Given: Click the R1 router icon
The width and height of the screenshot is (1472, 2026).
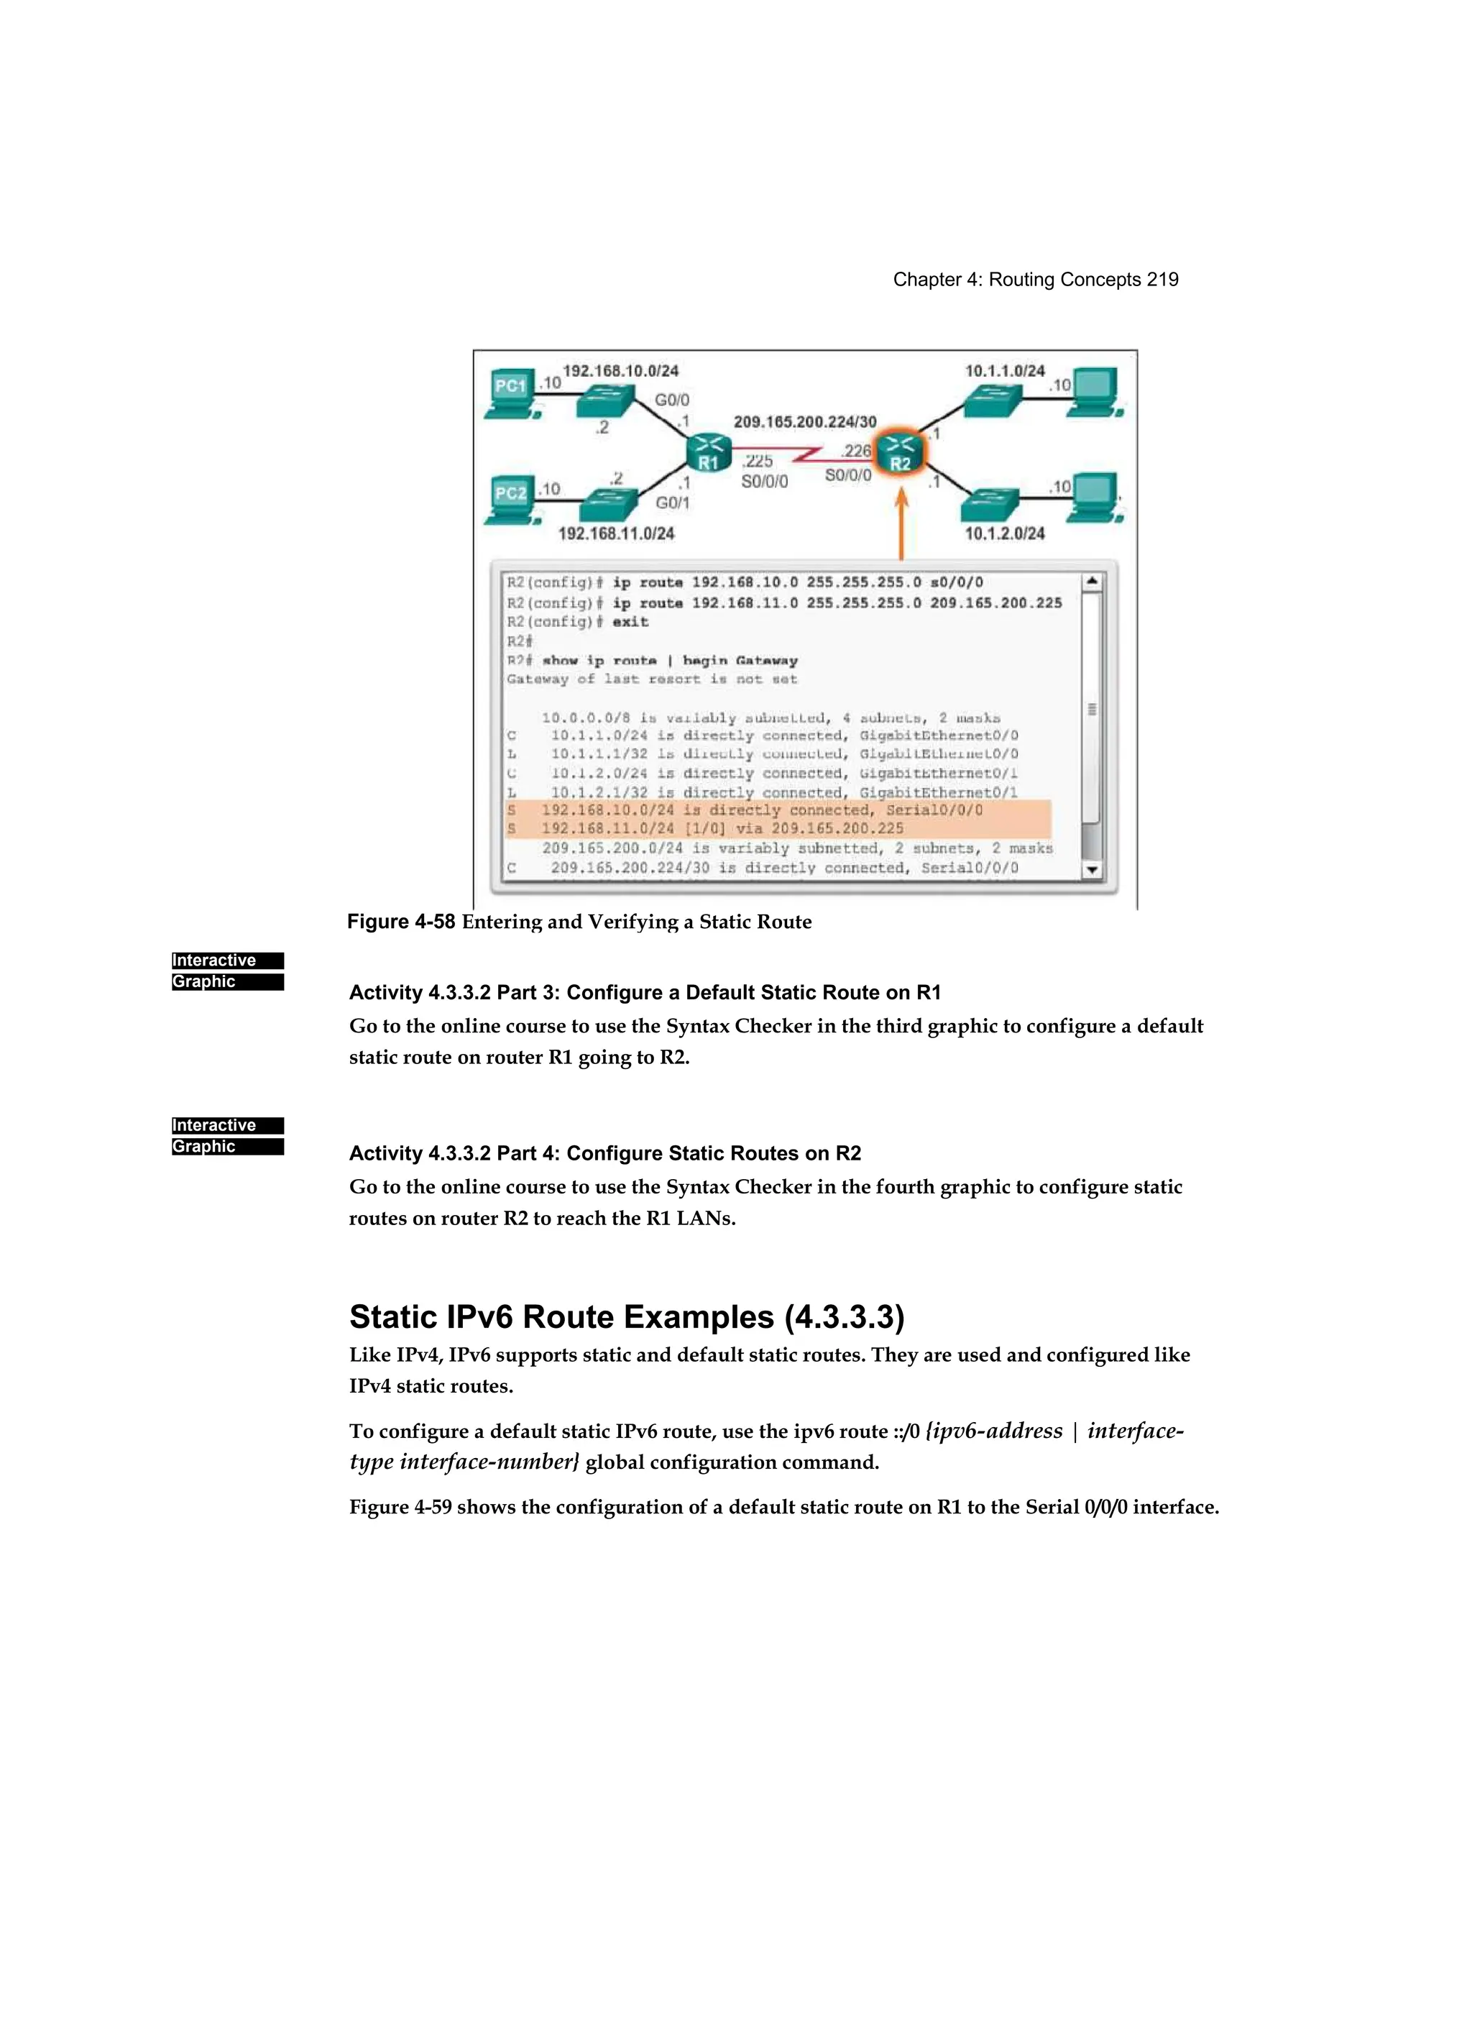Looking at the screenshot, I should click(x=708, y=452).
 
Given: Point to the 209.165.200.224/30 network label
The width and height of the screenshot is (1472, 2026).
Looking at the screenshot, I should click(x=805, y=421).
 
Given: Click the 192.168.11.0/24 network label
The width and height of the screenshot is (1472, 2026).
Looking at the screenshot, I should click(x=616, y=533).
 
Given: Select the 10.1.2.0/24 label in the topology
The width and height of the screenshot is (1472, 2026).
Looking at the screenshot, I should click(x=1005, y=533).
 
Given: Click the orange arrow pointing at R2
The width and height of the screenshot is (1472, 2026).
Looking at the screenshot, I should click(x=901, y=523).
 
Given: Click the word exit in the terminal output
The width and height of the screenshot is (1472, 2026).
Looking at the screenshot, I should click(x=630, y=622).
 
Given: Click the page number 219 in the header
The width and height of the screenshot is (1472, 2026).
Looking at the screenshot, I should click(x=1162, y=280).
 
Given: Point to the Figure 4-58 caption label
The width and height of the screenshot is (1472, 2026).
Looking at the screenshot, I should click(x=401, y=922).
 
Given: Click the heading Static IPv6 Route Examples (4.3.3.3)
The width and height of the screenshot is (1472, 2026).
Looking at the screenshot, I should click(x=626, y=1316).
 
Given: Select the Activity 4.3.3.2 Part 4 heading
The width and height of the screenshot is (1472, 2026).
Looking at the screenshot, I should click(x=604, y=1153).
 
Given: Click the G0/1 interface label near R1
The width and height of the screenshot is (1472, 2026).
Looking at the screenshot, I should click(x=673, y=503).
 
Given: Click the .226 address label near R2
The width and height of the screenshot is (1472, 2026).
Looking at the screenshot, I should click(x=856, y=451).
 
